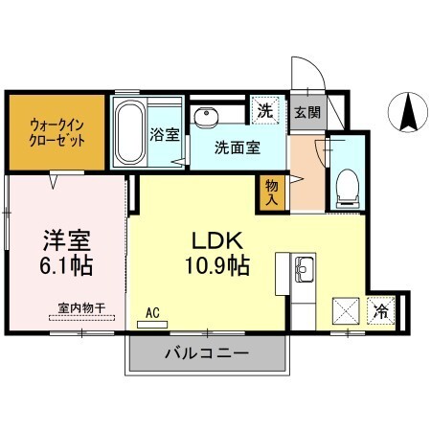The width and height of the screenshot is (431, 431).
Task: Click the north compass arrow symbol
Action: pyautogui.click(x=407, y=113)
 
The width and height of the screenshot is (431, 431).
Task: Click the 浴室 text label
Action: pyautogui.click(x=164, y=134)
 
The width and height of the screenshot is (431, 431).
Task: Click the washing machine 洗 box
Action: pyautogui.click(x=265, y=110)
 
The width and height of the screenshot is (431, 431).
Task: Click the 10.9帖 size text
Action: pyautogui.click(x=216, y=264)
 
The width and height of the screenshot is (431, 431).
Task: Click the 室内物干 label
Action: pyautogui.click(x=80, y=306)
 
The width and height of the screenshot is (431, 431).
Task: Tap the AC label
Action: pyautogui.click(x=152, y=312)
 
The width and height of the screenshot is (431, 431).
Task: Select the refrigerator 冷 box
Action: pyautogui.click(x=381, y=310)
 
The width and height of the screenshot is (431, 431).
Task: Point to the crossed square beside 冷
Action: pyautogui.click(x=346, y=312)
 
